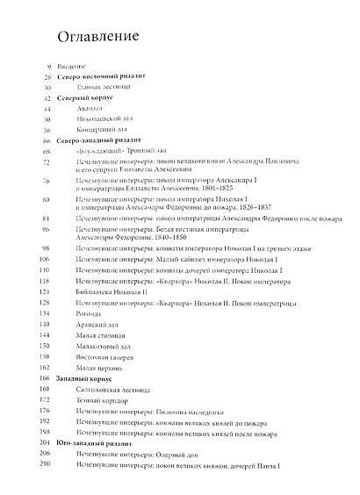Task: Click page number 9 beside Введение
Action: point(49,68)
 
